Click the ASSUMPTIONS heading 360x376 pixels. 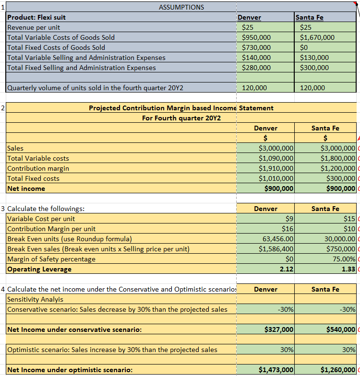181,7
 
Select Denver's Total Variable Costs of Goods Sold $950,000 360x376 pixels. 257,37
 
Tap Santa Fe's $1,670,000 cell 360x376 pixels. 317,37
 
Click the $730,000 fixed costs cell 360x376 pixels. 257,47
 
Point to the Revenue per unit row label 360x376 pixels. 34,27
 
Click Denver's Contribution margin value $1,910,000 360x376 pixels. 276,168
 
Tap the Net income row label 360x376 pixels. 26,188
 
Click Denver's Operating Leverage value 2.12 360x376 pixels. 286,269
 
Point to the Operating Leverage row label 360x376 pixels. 39,269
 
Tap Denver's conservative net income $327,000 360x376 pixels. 279,329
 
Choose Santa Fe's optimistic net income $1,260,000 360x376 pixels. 337,370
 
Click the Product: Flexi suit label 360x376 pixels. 36,17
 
